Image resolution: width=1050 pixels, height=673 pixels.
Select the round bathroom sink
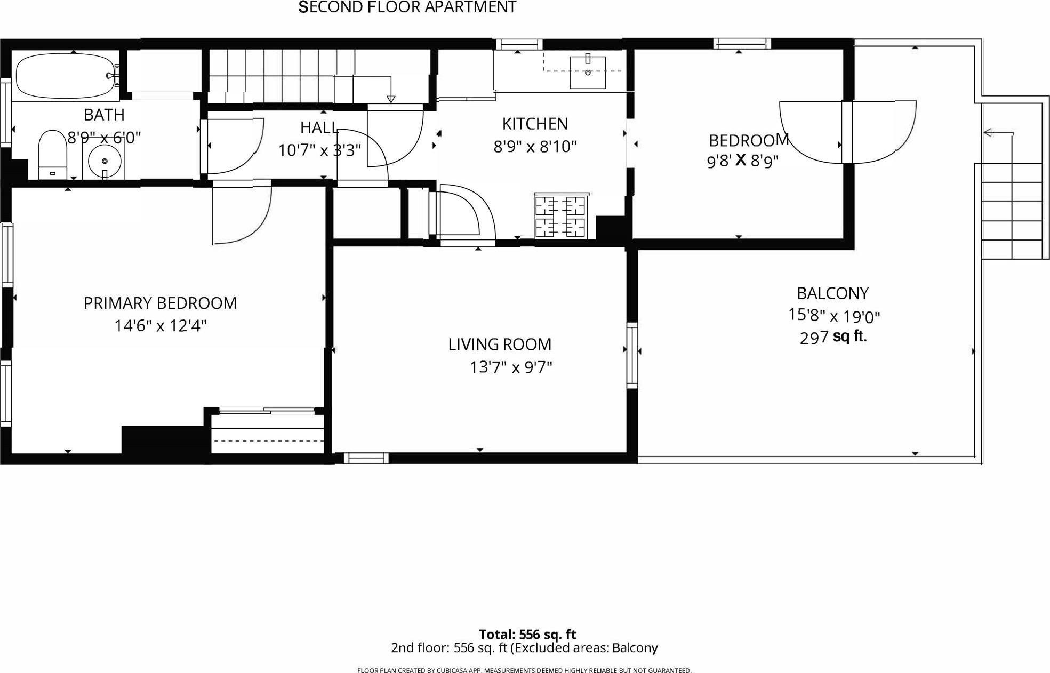(x=104, y=161)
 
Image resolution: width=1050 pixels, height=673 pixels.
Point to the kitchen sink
(x=588, y=72)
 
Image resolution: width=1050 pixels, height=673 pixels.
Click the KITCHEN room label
(x=534, y=124)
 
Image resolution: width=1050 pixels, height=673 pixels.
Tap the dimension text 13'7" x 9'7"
(x=510, y=367)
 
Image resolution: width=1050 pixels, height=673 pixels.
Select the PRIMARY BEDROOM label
(x=160, y=303)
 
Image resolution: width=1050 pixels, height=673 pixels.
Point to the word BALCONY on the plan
(x=832, y=293)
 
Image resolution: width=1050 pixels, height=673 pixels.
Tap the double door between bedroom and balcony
(x=847, y=131)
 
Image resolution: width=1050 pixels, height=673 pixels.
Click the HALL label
(x=319, y=127)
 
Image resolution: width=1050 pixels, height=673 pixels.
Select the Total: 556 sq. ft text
(x=527, y=635)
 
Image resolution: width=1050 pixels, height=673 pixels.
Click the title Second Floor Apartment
(x=407, y=7)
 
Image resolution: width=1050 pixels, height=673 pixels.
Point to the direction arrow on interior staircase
(x=391, y=98)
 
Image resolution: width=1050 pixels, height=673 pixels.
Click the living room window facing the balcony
(x=632, y=354)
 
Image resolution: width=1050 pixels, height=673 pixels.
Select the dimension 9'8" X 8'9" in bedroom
(x=742, y=161)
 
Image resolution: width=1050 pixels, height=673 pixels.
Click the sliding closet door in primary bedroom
(x=267, y=411)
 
